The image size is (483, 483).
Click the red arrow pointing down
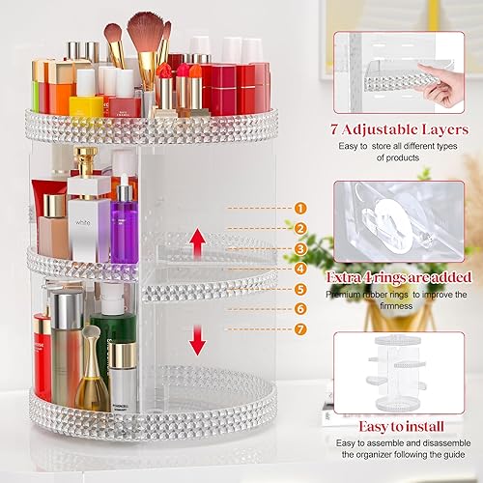(x=196, y=339)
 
